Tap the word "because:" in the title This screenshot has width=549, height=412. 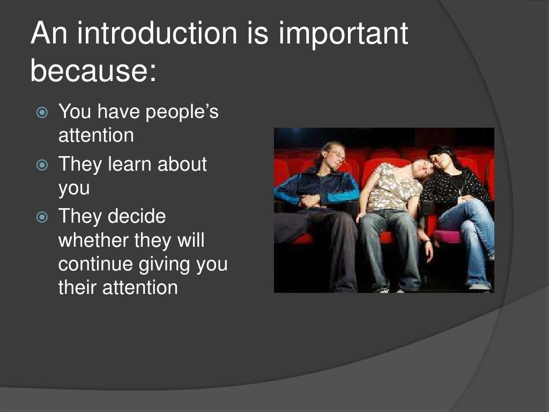tap(93, 71)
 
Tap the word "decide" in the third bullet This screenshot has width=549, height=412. tap(137, 217)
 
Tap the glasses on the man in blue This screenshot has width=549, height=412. tap(338, 153)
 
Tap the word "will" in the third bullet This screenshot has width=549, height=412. tap(190, 240)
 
